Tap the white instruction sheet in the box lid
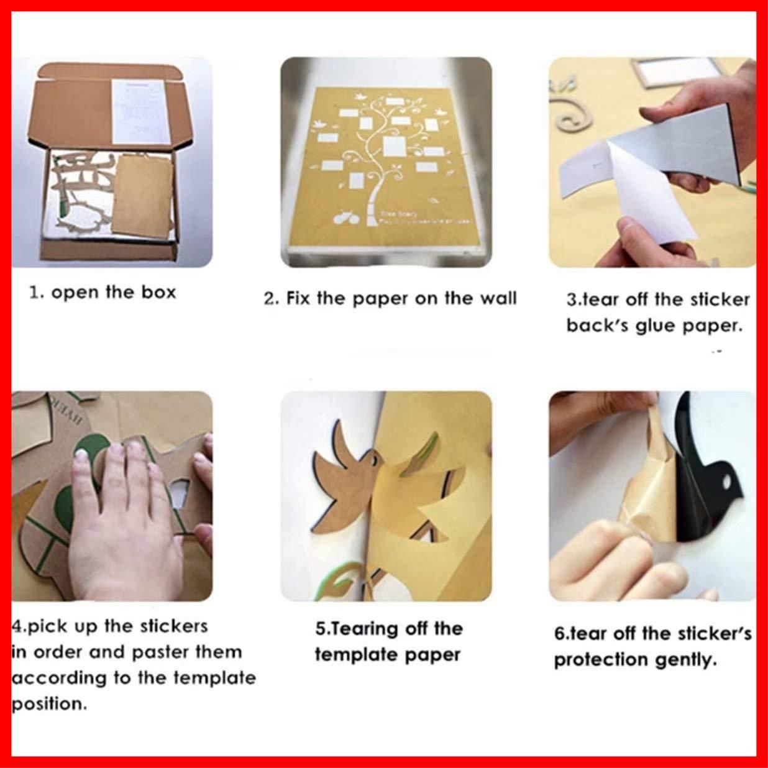tap(139, 112)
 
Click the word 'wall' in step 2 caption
tap(498, 298)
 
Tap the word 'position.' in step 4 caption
tap(48, 704)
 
